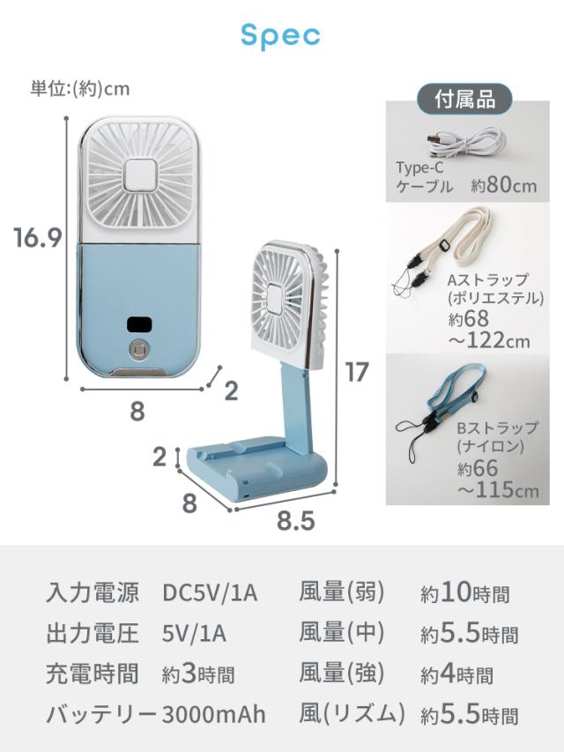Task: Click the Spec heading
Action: [x=280, y=36]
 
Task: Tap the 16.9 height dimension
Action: [x=37, y=238]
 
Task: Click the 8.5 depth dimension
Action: [x=295, y=521]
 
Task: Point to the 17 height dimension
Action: [x=355, y=372]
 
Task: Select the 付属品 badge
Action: [x=464, y=99]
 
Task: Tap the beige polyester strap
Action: [x=454, y=238]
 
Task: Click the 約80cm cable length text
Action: [x=503, y=186]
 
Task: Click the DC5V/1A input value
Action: [x=210, y=593]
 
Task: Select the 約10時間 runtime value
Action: [x=464, y=593]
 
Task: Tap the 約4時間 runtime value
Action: [x=459, y=674]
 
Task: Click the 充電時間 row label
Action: [x=92, y=674]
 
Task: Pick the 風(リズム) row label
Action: [x=352, y=713]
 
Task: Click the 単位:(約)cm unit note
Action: [x=80, y=89]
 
